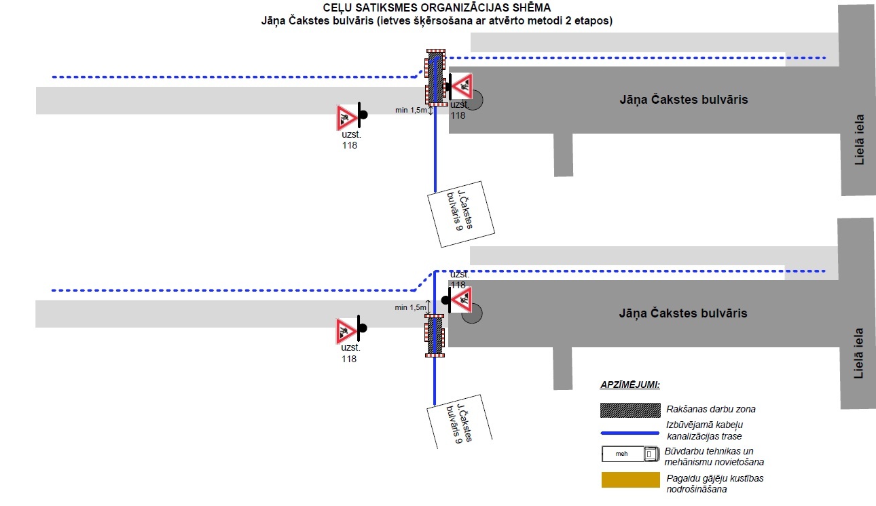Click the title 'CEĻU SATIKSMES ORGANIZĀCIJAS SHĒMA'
click(437, 7)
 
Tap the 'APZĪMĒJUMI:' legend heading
click(629, 385)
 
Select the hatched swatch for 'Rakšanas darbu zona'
click(630, 410)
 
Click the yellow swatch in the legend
click(630, 480)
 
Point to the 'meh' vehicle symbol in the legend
click(630, 454)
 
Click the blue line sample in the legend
click(629, 433)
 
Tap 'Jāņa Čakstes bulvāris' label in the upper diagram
click(684, 100)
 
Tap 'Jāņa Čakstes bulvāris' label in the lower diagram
click(683, 313)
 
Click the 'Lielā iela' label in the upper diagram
click(859, 140)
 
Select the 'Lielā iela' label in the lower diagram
click(858, 353)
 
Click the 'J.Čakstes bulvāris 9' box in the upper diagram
click(460, 214)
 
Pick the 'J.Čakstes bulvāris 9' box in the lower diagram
click(459, 423)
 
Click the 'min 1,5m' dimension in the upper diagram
click(411, 110)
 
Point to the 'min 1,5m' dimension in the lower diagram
click(410, 307)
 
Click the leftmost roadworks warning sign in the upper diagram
click(347, 117)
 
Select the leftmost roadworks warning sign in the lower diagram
click(346, 331)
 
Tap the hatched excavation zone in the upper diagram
click(436, 77)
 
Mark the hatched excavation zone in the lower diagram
click(435, 336)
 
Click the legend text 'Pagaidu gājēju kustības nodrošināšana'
click(715, 484)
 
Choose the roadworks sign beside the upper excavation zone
click(462, 86)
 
